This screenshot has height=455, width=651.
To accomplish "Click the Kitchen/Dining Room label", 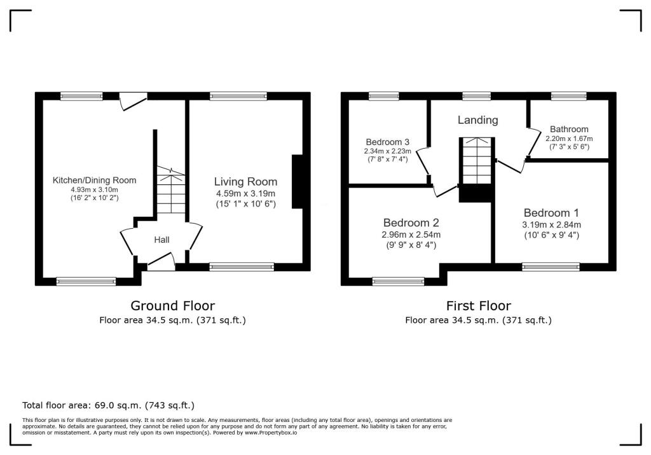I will pyautogui.click(x=94, y=180).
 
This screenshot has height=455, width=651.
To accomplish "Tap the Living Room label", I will pyautogui.click(x=245, y=182).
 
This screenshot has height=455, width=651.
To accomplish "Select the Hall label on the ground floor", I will pyautogui.click(x=161, y=240).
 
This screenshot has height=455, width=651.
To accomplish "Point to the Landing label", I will pyautogui.click(x=478, y=120).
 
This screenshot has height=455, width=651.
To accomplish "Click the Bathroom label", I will pyautogui.click(x=569, y=129).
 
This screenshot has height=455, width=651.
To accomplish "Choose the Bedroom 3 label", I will pyautogui.click(x=387, y=142).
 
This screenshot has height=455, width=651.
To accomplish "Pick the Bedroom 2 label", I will pyautogui.click(x=411, y=223).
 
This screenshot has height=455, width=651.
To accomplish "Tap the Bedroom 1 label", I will pyautogui.click(x=551, y=213).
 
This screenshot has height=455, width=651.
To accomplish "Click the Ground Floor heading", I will pyautogui.click(x=172, y=306).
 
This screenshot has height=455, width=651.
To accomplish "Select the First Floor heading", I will pyautogui.click(x=478, y=306).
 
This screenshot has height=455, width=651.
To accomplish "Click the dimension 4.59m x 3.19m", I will pyautogui.click(x=245, y=194).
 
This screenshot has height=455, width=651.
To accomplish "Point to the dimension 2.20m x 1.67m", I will pyautogui.click(x=569, y=139).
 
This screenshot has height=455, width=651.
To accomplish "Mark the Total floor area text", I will pyautogui.click(x=108, y=405).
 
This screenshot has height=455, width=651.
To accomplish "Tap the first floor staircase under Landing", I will pyautogui.click(x=477, y=161).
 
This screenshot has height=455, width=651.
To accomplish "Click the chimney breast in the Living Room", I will pyautogui.click(x=297, y=182).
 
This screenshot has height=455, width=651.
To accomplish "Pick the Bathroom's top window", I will pyautogui.click(x=568, y=96).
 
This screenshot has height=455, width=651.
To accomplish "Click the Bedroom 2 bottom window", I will pyautogui.click(x=398, y=281).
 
